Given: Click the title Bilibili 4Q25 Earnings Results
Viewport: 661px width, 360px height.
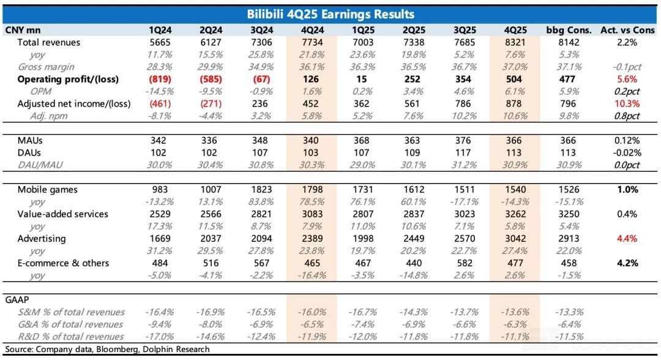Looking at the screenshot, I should (x=330, y=14).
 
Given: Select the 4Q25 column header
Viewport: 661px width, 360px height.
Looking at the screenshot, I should (x=513, y=30).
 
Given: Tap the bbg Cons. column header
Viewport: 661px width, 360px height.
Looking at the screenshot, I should (x=569, y=30).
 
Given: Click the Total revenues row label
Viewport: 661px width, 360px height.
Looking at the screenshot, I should (x=49, y=42).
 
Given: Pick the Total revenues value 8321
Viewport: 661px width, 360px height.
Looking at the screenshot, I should (x=513, y=42).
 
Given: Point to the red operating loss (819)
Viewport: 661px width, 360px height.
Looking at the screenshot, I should (x=160, y=79).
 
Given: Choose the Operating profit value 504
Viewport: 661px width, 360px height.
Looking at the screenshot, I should (x=513, y=79).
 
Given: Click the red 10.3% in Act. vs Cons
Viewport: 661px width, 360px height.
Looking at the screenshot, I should (x=627, y=103).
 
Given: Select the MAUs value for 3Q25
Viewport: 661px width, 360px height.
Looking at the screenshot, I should (x=464, y=140).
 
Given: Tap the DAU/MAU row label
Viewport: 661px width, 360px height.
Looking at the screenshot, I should (x=40, y=165).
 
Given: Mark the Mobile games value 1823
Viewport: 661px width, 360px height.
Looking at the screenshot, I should (x=261, y=190).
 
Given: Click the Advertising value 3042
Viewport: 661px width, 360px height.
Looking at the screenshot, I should (x=513, y=239).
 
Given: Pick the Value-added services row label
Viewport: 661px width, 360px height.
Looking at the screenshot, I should (x=63, y=214).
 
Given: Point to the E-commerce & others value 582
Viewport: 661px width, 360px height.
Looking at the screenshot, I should (x=464, y=263).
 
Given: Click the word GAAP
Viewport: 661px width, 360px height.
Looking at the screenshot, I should (x=17, y=300).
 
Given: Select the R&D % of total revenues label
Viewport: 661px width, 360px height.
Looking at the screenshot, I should (x=70, y=337).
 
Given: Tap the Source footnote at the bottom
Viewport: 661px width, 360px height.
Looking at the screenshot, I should (x=107, y=349).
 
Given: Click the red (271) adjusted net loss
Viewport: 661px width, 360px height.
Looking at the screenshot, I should (x=210, y=103).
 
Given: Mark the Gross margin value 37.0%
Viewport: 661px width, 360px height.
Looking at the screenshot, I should (x=513, y=67).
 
